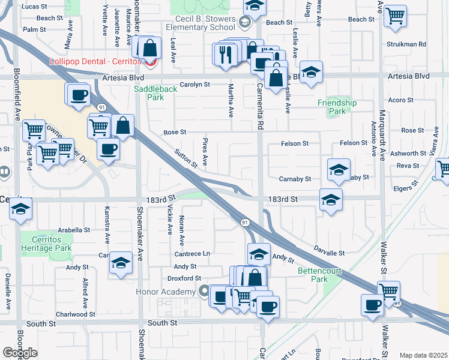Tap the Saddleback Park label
click(x=148, y=92)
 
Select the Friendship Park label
click(x=337, y=107)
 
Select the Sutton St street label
click(x=186, y=158)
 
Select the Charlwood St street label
click(x=76, y=314)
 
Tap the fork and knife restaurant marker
click(x=226, y=55)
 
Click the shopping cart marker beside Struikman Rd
click(x=395, y=17)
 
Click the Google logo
click(x=20, y=352)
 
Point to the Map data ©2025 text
click(x=423, y=355)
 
